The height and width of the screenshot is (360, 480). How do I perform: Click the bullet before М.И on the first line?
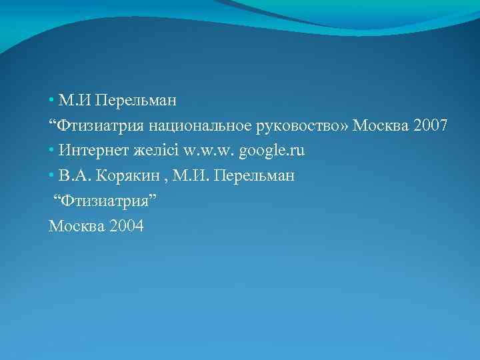pyautogui.click(x=51, y=101)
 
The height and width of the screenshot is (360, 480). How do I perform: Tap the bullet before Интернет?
pyautogui.click(x=51, y=151)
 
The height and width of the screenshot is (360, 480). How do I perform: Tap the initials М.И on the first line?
pyautogui.click(x=74, y=101)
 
